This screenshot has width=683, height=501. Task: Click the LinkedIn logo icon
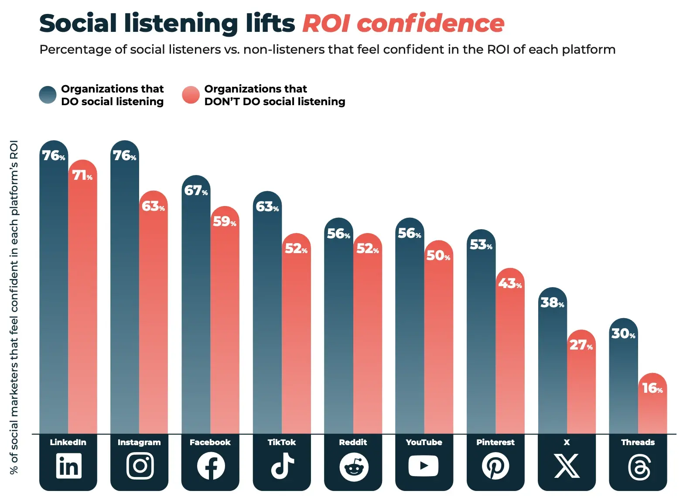point(68,466)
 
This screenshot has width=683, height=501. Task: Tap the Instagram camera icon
point(140,466)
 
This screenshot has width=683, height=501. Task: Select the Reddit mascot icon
point(354,467)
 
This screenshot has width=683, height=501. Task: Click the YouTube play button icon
point(423,466)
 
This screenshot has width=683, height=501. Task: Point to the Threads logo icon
point(639,467)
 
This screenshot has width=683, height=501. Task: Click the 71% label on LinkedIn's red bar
point(82,175)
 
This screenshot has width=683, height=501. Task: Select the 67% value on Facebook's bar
point(196,191)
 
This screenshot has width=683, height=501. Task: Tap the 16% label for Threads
point(652,388)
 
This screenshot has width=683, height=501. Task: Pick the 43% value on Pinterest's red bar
point(510,284)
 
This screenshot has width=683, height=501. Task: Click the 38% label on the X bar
point(552,302)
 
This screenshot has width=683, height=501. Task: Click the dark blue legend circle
point(48,95)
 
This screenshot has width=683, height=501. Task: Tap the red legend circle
point(191,95)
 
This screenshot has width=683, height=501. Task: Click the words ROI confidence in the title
point(403,23)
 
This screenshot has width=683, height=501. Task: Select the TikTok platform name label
point(281,442)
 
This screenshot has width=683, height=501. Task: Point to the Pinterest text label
point(495,442)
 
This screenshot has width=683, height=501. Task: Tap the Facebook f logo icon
point(211,466)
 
